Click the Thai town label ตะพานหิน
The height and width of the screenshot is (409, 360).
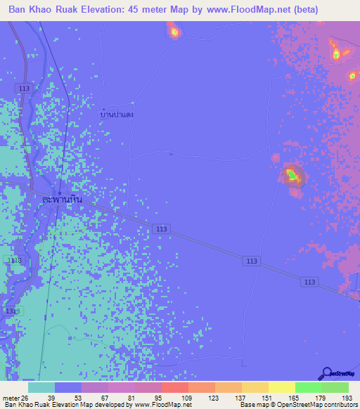pyautogui.click(x=63, y=199)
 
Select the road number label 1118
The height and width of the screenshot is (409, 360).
pyautogui.click(x=13, y=260)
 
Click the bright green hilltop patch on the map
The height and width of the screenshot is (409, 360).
pyautogui.click(x=290, y=173)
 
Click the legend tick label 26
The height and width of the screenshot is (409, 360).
pyautogui.click(x=26, y=398)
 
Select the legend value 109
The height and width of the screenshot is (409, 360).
pyautogui.click(x=187, y=398)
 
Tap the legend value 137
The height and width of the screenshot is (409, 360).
pyautogui.click(x=240, y=398)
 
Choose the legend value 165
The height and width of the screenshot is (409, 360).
pyautogui.click(x=294, y=398)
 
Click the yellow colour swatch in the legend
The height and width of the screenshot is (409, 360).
pyautogui.click(x=281, y=387)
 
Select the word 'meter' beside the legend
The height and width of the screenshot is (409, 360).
pyautogui.click(x=10, y=398)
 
